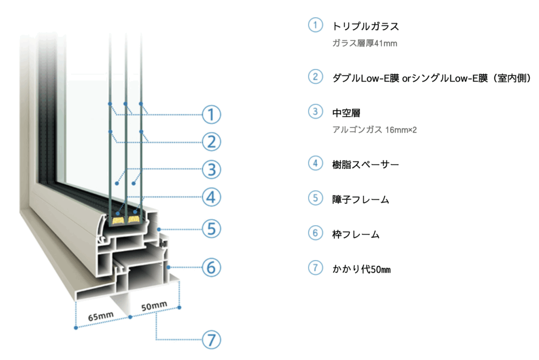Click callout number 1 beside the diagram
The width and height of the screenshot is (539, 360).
click(x=211, y=114)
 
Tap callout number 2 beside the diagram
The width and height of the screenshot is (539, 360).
click(x=211, y=142)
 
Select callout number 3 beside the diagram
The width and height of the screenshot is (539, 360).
click(x=211, y=169)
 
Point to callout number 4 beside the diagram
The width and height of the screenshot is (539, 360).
click(x=211, y=198)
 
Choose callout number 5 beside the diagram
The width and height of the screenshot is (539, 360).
click(x=211, y=229)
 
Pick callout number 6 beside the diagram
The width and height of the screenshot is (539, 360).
click(x=211, y=267)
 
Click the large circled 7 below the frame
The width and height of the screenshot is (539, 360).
click(x=211, y=339)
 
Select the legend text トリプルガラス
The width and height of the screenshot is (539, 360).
click(x=366, y=26)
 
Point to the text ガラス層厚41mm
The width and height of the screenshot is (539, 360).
click(x=364, y=43)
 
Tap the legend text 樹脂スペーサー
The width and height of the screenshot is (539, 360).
click(x=365, y=164)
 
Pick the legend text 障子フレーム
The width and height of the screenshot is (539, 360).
click(x=361, y=199)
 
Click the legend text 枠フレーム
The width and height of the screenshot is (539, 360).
click(x=356, y=235)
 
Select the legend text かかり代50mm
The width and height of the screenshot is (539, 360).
click(x=362, y=269)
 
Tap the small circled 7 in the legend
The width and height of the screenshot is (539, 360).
click(x=315, y=268)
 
